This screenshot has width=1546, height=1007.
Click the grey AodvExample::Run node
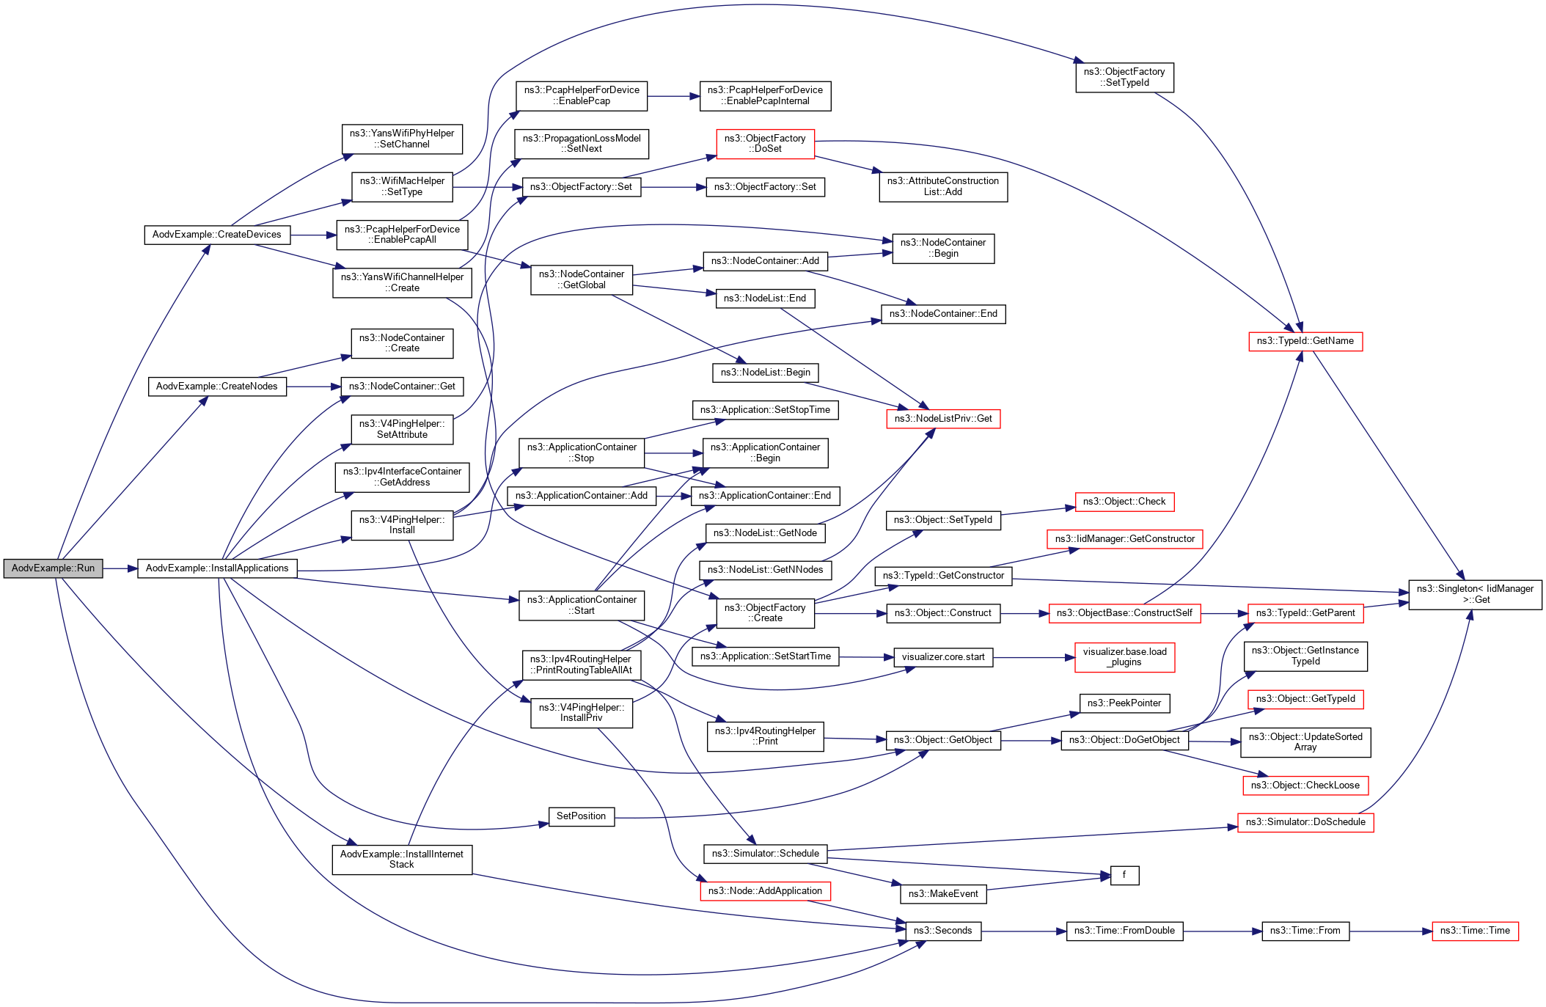click(x=53, y=568)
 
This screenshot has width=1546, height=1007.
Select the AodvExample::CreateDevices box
click(x=216, y=235)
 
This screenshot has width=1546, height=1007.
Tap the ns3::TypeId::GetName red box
click(x=1305, y=341)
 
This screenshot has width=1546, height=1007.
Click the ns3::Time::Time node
click(x=1474, y=931)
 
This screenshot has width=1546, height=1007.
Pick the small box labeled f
click(x=1124, y=875)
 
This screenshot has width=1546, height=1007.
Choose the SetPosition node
click(x=581, y=816)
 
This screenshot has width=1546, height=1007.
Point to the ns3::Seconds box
click(x=942, y=931)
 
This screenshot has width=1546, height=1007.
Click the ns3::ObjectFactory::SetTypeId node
click(x=1124, y=77)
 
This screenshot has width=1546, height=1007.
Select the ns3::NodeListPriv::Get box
click(x=942, y=419)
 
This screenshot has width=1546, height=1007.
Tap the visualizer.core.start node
click(x=942, y=657)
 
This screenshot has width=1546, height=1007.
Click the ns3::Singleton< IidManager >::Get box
click(x=1474, y=594)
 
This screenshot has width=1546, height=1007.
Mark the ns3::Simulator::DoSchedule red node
click(x=1305, y=822)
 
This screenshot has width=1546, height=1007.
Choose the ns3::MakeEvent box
click(x=942, y=894)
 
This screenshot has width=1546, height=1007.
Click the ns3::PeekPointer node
click(x=1124, y=703)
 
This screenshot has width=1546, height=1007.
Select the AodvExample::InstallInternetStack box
click(x=401, y=860)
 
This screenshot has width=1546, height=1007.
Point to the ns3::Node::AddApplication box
click(x=765, y=891)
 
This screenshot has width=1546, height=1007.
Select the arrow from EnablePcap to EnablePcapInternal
click(x=673, y=96)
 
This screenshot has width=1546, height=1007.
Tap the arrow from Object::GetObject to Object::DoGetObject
click(x=1030, y=741)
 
